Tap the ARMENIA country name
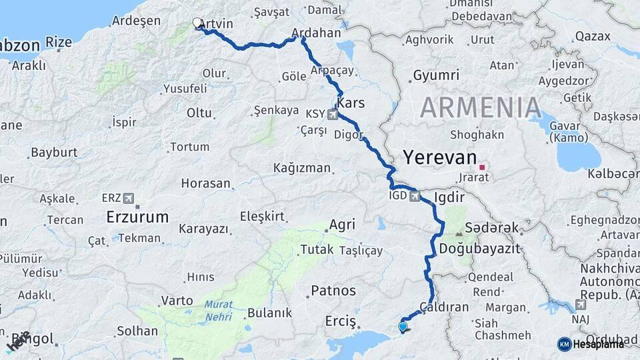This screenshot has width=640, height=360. [x=480, y=107]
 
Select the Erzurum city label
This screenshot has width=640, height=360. [x=137, y=217]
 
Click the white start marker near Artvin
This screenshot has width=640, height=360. [x=197, y=23]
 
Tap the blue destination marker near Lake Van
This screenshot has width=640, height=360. [x=402, y=327]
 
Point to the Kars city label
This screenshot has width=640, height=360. [x=351, y=103]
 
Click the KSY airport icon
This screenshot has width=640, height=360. [x=333, y=115]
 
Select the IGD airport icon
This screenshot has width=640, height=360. [x=415, y=196]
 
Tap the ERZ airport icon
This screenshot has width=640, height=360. [x=129, y=198]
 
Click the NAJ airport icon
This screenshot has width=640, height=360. [x=581, y=305]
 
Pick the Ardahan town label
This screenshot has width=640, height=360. [x=317, y=32]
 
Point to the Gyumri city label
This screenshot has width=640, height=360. [x=436, y=75]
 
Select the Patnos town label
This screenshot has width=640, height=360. [x=333, y=291]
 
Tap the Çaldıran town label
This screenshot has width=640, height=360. [x=445, y=307]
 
